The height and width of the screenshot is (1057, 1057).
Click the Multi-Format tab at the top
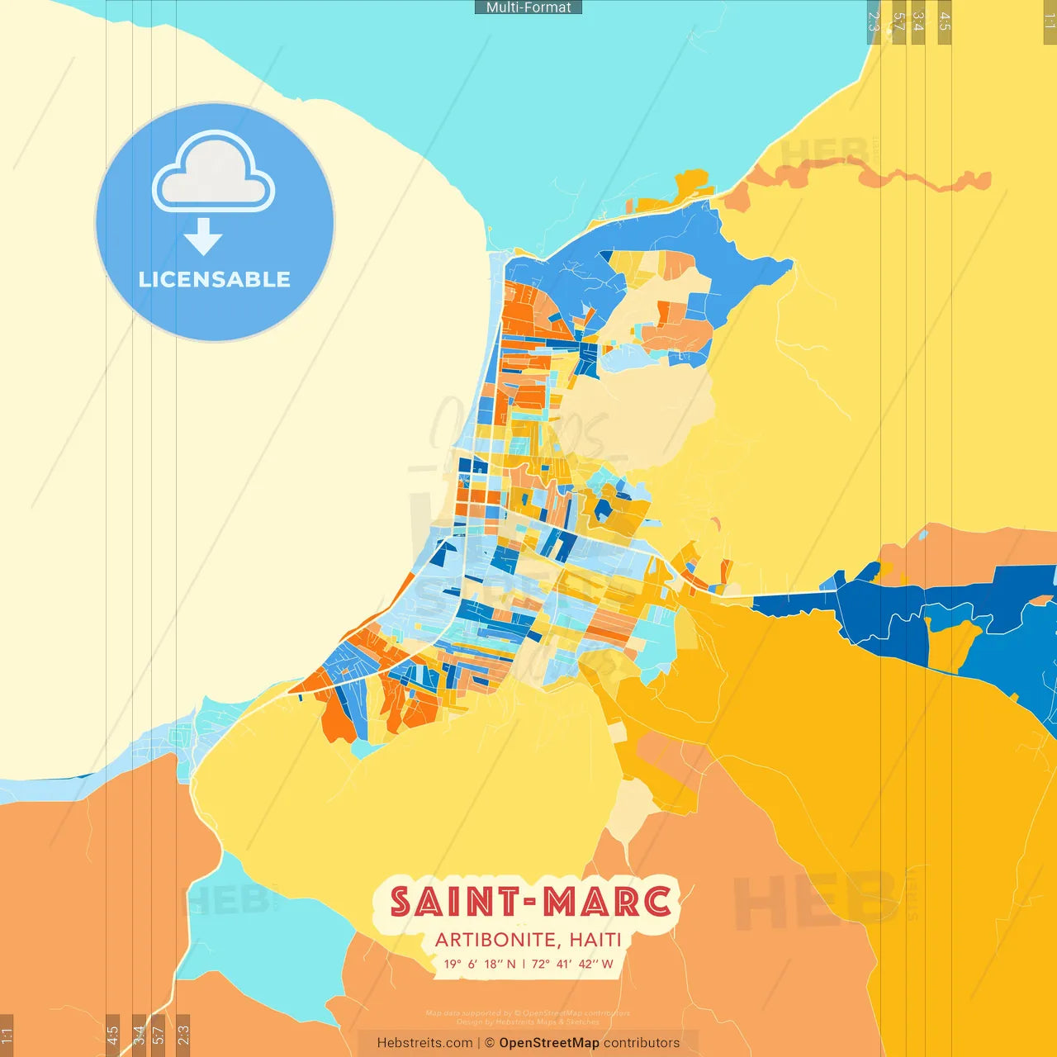[x=528, y=7]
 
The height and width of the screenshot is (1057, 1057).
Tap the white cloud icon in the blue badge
[x=214, y=175]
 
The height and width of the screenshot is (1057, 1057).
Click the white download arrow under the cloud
[x=203, y=237]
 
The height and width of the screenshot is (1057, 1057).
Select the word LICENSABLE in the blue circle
[x=214, y=279]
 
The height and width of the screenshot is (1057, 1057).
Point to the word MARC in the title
[x=607, y=902]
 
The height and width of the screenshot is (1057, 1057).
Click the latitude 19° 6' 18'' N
[x=480, y=964]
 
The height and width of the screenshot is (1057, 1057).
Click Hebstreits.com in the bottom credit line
[x=424, y=1043]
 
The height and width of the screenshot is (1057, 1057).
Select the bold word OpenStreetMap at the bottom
[x=549, y=1043]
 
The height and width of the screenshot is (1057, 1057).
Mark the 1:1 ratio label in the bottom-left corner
[x=7, y=1035]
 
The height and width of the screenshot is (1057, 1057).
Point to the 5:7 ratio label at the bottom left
[x=159, y=1035]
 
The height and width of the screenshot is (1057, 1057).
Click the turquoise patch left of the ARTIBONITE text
[x=264, y=933]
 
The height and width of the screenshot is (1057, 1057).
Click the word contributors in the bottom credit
[x=642, y=1043]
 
